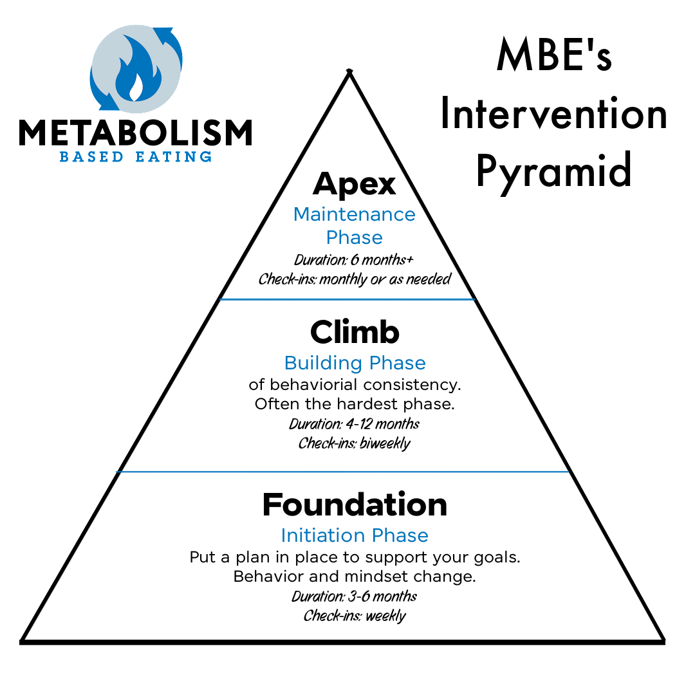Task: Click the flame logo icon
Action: [x=136, y=69]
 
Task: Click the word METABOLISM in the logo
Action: [x=135, y=133]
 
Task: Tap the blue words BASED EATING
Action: [x=135, y=156]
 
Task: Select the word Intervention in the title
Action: [x=553, y=115]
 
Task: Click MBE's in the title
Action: [x=553, y=57]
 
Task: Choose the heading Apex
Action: [x=354, y=185]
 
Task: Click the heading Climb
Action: [x=355, y=332]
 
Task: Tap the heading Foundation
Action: [x=355, y=505]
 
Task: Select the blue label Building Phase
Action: [x=355, y=363]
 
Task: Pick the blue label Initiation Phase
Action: [x=355, y=535]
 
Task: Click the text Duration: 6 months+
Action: [x=354, y=260]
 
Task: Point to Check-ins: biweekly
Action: [x=355, y=443]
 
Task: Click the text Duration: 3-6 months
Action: [x=355, y=597]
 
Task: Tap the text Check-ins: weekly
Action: [x=355, y=616]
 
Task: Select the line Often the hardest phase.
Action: [x=355, y=404]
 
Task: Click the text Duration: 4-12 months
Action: [x=355, y=424]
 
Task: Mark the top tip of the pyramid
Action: [x=349, y=71]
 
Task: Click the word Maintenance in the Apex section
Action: [x=354, y=214]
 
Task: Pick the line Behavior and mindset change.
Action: [x=355, y=577]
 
